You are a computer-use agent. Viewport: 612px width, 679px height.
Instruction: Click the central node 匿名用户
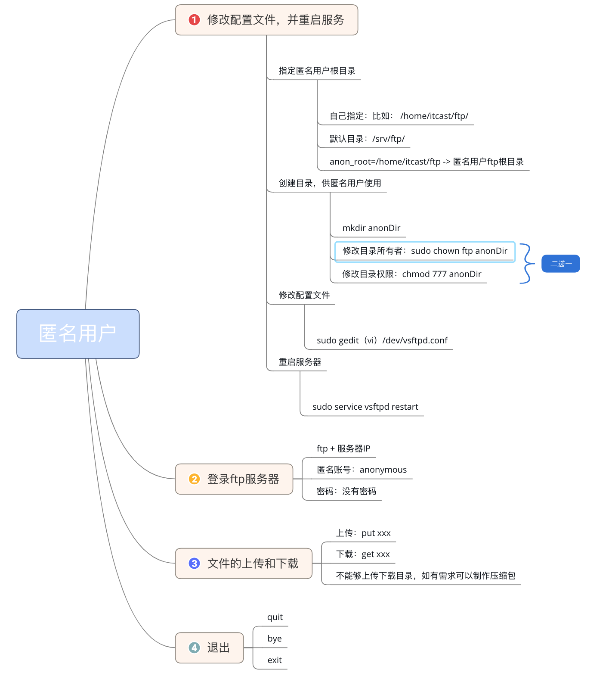(78, 333)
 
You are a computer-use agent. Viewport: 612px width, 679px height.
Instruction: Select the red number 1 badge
(194, 20)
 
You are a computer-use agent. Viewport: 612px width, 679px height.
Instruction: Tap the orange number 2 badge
(194, 479)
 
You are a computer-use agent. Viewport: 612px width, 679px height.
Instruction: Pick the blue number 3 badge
(194, 563)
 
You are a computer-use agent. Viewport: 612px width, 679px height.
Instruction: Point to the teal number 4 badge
(194, 648)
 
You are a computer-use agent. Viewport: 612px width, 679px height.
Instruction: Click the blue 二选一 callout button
(560, 264)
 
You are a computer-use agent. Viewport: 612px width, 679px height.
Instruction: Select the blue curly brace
(526, 263)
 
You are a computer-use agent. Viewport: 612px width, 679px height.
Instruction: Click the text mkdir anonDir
(371, 228)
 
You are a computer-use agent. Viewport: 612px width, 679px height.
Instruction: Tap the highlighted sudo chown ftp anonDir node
(425, 251)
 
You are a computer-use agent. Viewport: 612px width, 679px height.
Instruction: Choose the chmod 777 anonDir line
(442, 274)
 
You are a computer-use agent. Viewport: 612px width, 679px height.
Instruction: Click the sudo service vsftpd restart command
(365, 407)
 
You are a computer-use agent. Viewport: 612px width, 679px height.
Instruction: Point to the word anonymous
(383, 470)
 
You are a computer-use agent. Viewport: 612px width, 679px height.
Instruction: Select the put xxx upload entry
(376, 533)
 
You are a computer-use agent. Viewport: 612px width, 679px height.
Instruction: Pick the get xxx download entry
(375, 554)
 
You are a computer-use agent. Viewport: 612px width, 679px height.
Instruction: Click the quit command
(275, 617)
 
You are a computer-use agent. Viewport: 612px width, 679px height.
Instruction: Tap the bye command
(275, 639)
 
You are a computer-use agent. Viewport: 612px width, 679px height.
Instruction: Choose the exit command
(275, 660)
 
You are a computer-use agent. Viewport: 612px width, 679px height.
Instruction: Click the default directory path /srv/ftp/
(388, 139)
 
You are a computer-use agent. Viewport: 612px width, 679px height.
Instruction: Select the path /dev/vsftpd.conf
(415, 340)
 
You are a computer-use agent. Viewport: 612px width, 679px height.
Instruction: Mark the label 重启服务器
(300, 362)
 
